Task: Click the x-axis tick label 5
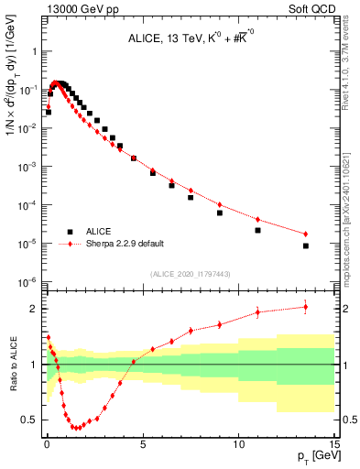[x=143, y=442]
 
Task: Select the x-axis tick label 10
[x=238, y=442]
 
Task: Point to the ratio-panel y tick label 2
[x=35, y=309]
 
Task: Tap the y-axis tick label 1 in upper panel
[x=35, y=52]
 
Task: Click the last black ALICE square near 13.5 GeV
[x=306, y=245]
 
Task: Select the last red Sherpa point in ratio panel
[x=306, y=306]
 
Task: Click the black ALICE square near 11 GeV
[x=258, y=230]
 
